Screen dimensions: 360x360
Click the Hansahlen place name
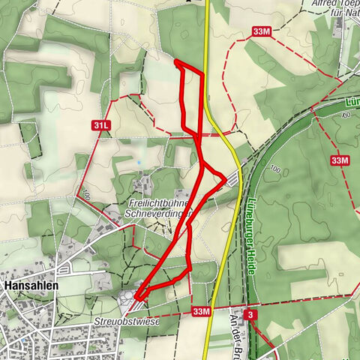pos(31,286)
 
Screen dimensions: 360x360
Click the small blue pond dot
pos(139,162)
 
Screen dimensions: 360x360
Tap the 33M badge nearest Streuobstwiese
pos(200,311)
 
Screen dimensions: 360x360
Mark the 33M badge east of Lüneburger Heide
pos(340,160)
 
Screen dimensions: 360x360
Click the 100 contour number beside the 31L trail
pos(85,196)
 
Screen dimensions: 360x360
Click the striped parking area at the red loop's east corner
pos(233,178)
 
